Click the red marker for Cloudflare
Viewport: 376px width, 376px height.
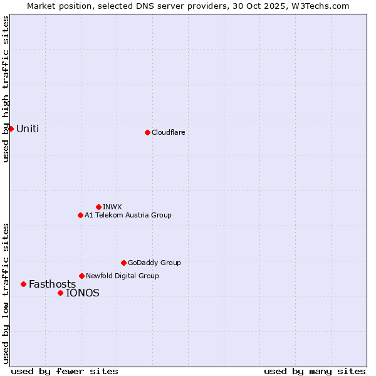(x=147, y=132)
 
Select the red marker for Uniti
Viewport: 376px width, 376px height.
(x=11, y=128)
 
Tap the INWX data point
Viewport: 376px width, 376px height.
(x=98, y=207)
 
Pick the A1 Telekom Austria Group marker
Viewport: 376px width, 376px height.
(x=80, y=215)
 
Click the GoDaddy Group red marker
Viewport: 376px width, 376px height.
(x=123, y=263)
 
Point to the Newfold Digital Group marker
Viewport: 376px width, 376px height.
(x=81, y=276)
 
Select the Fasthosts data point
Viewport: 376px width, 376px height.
(x=23, y=284)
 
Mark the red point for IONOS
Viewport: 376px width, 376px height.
(x=60, y=293)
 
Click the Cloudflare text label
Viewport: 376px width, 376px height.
(x=168, y=132)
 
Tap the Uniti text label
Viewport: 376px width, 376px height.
(x=28, y=129)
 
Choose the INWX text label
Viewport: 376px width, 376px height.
(x=112, y=207)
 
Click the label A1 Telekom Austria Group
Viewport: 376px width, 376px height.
(x=128, y=215)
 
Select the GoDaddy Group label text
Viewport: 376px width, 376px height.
(x=154, y=263)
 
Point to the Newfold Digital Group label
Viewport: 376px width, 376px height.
(x=122, y=276)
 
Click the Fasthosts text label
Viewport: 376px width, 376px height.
(x=52, y=285)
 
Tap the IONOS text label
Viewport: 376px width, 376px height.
(x=83, y=293)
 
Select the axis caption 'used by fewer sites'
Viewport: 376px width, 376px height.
(x=65, y=371)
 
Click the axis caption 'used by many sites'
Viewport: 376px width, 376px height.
(x=315, y=371)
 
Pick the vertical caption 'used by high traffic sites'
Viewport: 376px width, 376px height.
(x=6, y=89)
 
